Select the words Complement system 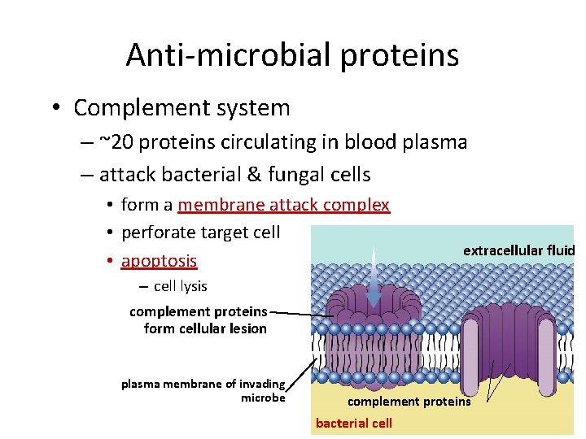pyautogui.click(x=181, y=107)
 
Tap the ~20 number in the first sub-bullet pyautogui.click(x=116, y=142)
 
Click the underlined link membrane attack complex pyautogui.click(x=283, y=205)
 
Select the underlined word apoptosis pyautogui.click(x=159, y=261)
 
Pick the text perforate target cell pyautogui.click(x=200, y=233)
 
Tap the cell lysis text pyautogui.click(x=180, y=286)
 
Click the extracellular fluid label pyautogui.click(x=518, y=250)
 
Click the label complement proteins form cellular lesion pyautogui.click(x=199, y=320)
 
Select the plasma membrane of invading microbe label pyautogui.click(x=203, y=390)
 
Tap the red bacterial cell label pyautogui.click(x=353, y=423)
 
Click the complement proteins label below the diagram pyautogui.click(x=409, y=402)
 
